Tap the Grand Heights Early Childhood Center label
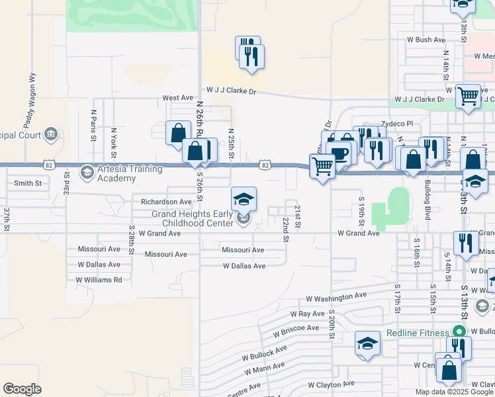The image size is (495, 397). coord(193,218)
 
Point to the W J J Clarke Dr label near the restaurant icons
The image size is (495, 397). coord(231,90)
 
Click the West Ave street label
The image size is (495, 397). coord(177,98)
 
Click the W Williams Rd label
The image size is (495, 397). coord(99,280)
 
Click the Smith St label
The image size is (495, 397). coord(28,183)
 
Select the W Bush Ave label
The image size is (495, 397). coord(426,40)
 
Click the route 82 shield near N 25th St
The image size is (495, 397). coord(265,164)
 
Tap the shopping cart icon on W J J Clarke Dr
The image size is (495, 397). coord(468,95)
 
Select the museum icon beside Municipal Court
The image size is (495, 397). coord(50,135)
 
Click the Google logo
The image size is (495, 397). coord(22,389)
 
